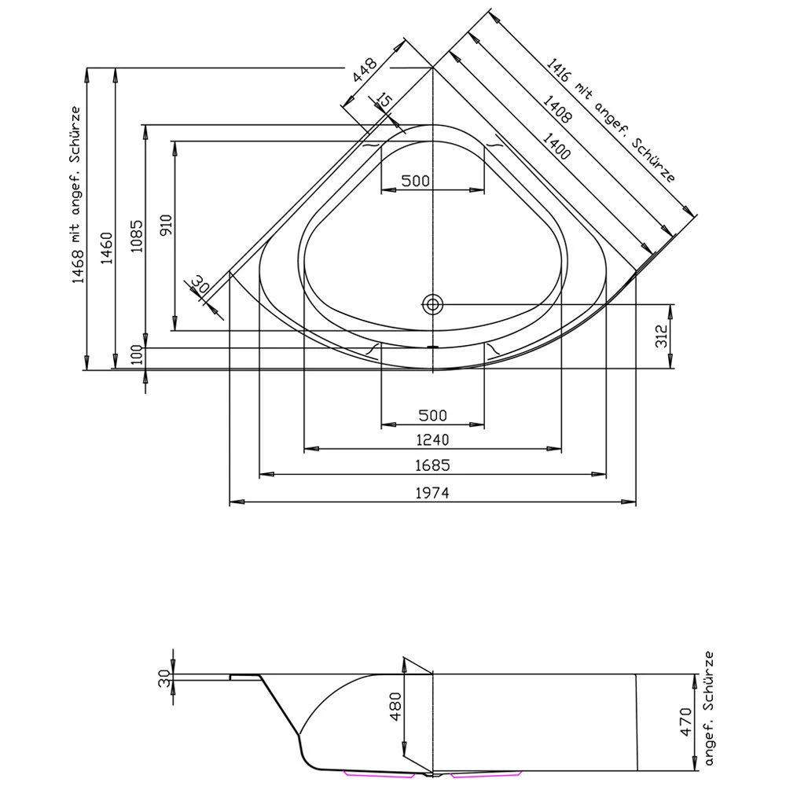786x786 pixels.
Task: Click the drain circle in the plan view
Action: point(432,303)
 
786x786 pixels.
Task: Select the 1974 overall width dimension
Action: point(432,493)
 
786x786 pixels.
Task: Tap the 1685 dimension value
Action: point(432,465)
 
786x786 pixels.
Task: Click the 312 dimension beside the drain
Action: point(661,336)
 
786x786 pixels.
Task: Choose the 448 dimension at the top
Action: point(365,72)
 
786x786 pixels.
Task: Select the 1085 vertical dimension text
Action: point(135,234)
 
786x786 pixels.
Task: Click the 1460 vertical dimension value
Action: point(107,250)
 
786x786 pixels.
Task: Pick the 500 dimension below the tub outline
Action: point(432,415)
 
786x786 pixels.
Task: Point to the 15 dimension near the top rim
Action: point(384,100)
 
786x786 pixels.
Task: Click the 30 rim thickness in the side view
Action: point(163,678)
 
